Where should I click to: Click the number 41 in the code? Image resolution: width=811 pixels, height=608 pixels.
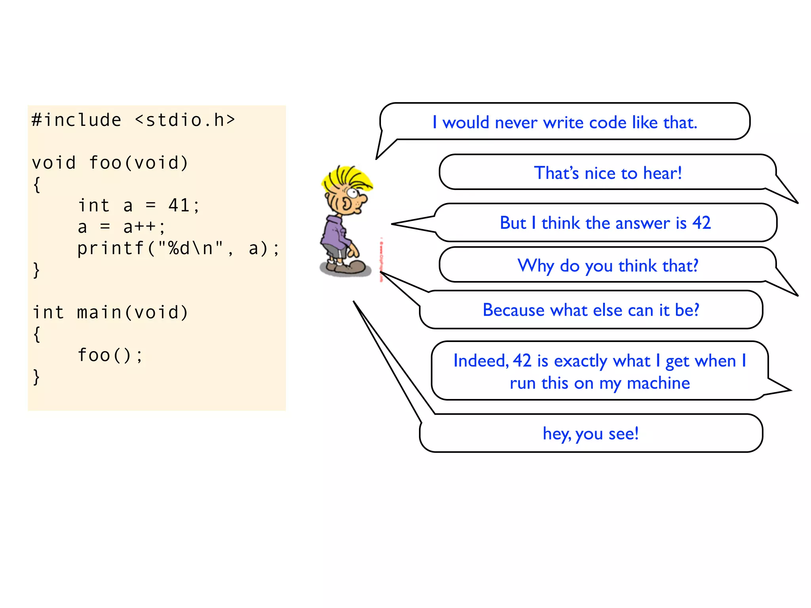point(179,205)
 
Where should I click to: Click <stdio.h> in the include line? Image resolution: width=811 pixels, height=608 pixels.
point(185,120)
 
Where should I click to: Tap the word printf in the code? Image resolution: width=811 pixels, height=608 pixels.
point(111,249)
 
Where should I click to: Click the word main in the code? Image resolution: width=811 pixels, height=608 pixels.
point(99,312)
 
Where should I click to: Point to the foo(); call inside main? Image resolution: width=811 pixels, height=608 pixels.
point(110,355)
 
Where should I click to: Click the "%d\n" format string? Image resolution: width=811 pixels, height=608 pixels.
point(190,249)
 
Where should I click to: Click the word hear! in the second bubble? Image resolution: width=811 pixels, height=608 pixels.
point(662,173)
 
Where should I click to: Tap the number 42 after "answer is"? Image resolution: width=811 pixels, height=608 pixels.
point(701,223)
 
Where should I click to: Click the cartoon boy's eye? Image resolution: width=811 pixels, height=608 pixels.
point(352,194)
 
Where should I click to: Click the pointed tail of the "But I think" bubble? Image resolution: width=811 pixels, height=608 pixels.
point(396,224)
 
